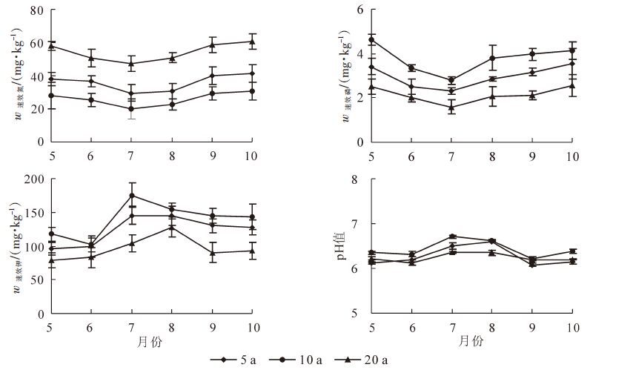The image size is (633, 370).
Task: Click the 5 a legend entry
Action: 238,360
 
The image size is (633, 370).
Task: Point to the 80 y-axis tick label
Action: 36,13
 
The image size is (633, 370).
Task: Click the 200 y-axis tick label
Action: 33,179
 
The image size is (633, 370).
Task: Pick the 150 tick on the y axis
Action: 33,213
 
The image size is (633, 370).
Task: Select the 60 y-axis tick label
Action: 36,44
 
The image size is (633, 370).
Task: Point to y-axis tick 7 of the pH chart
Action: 357,224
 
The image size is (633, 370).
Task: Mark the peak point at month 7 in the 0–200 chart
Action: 131,196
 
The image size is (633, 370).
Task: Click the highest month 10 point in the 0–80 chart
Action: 252,42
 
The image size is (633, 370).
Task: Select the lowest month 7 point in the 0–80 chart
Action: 131,109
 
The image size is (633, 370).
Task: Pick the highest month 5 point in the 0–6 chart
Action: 371,40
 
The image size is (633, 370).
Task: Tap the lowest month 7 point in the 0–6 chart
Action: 451,108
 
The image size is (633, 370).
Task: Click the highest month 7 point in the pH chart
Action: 451,237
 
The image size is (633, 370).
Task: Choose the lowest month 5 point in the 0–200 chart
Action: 50,260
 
